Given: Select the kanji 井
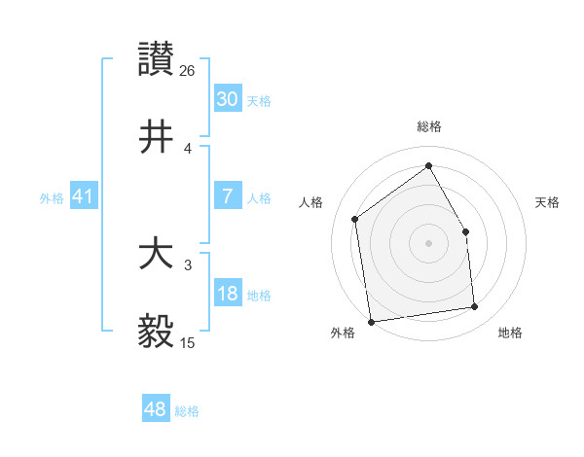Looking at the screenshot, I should coord(157,136).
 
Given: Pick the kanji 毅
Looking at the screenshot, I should coord(157,332).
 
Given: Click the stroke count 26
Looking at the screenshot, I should coord(188,70).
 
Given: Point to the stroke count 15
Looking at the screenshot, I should coord(188,342).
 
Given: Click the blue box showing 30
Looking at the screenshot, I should coord(227,98).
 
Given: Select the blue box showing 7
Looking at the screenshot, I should coord(227,196).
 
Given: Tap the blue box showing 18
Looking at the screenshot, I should coord(227,294).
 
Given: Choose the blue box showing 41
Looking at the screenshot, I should coord(83,196).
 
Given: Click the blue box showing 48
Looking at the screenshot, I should coord(155,409).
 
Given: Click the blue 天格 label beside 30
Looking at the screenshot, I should coord(259,100).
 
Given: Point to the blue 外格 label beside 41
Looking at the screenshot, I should coord(52,198).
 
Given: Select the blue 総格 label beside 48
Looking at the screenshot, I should coord(187,411).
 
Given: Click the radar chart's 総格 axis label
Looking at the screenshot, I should coord(429,126).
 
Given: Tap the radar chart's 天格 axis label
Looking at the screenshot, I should coord(548,202).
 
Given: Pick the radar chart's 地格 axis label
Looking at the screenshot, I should coord(510,333).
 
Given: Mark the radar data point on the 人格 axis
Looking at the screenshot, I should coord(355,219).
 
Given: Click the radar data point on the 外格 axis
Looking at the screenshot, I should coord(371,321).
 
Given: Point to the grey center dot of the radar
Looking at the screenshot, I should coord(428,243).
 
